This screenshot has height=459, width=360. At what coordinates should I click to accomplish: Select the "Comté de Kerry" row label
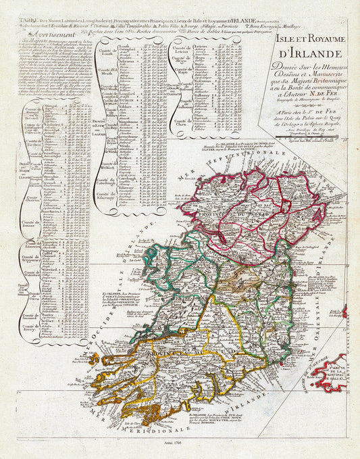point(30,323)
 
